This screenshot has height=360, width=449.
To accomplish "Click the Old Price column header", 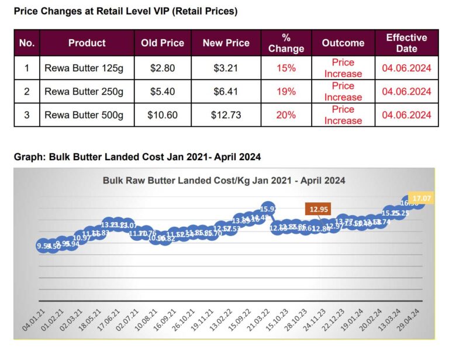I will click(163, 43).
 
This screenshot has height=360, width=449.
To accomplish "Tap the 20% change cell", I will click(286, 115).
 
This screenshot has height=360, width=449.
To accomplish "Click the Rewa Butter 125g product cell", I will click(84, 68).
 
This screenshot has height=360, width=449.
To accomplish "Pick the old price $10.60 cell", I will click(163, 115).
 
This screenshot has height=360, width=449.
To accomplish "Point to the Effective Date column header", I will click(406, 43).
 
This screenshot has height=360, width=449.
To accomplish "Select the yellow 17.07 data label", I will click(420, 199).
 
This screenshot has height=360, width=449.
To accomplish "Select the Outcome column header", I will click(343, 43).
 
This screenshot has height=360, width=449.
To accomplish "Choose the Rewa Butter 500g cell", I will click(84, 115).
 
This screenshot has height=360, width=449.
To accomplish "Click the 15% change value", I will click(286, 68).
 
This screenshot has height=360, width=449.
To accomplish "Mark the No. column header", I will click(27, 43).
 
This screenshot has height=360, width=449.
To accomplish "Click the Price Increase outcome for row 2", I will click(343, 91).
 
